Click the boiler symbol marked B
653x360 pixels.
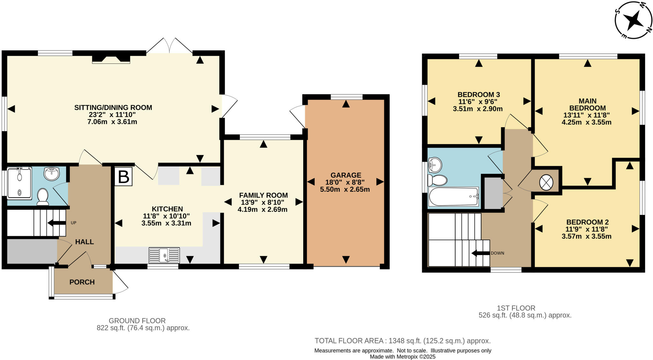coord(123,177)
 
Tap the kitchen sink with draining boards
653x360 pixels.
coord(164,255)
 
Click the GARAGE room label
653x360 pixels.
coord(346,175)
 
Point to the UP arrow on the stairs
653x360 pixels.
coord(56,223)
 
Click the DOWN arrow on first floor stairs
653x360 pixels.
coord(481,253)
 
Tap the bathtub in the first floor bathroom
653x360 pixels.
coord(454,197)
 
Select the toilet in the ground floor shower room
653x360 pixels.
coord(42,196)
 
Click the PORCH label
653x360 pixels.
coord(82,282)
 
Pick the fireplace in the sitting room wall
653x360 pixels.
coord(111,59)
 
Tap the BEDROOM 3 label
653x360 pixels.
coord(478,95)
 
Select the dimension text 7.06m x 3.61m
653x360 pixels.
coord(112,122)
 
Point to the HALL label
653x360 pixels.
coord(84,242)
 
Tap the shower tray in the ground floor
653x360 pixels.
coord(19,183)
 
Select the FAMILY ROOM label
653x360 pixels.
coord(263,195)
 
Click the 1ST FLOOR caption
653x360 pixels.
coord(516,308)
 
